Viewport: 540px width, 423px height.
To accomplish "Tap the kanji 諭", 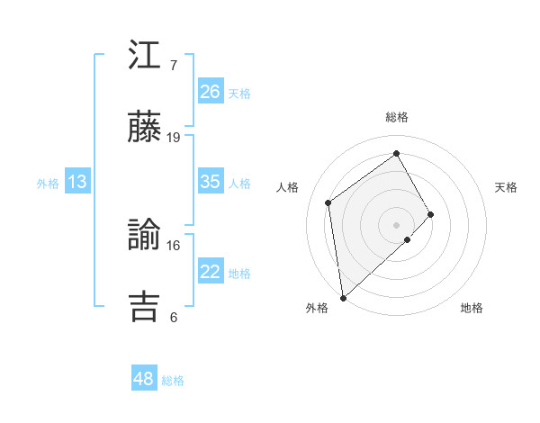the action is click(x=144, y=236).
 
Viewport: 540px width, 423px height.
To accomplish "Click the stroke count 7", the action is click(x=174, y=66).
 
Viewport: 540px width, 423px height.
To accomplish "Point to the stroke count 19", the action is click(x=174, y=137).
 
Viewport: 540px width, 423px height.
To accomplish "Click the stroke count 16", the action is click(x=174, y=245).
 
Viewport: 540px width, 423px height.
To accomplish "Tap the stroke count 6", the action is click(x=174, y=316).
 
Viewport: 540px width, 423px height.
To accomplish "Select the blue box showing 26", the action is click(x=211, y=92).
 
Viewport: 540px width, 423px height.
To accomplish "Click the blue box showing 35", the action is click(x=211, y=182).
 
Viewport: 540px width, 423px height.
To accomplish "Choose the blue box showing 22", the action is click(x=211, y=272).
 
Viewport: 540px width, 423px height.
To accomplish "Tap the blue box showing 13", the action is click(x=77, y=182).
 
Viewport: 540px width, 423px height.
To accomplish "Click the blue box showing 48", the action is click(x=144, y=379).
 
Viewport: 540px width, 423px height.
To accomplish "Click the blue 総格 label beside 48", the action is click(x=173, y=381).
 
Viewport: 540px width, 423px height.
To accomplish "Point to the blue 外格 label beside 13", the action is click(x=48, y=184).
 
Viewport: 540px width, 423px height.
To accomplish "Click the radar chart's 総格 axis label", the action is click(x=397, y=117).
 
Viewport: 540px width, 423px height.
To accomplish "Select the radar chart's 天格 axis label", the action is click(x=507, y=187).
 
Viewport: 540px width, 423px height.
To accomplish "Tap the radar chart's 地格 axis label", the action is click(x=472, y=308).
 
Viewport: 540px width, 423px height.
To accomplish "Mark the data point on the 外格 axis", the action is click(x=343, y=297).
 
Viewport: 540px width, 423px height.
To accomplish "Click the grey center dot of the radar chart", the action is click(x=397, y=223).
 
